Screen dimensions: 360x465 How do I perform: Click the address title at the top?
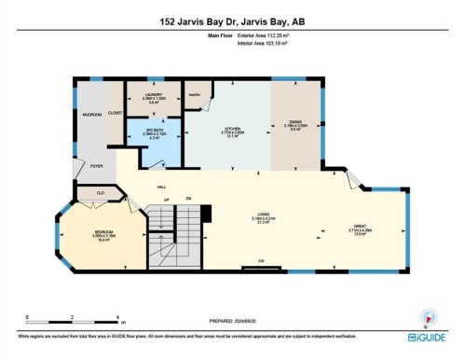[232, 21]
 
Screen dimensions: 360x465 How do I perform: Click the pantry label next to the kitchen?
[196, 94]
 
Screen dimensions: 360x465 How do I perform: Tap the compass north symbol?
[426, 316]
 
